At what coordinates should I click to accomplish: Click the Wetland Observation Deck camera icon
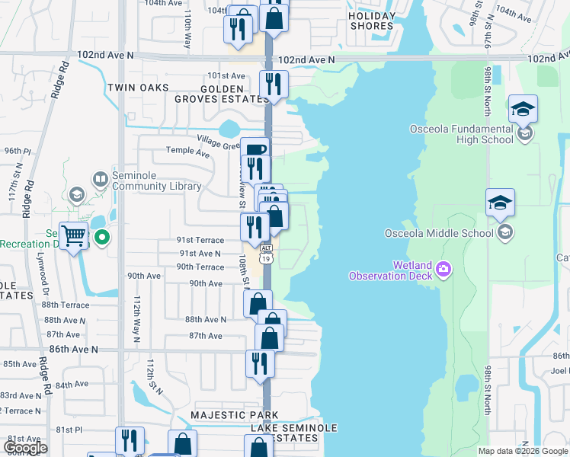[x=445, y=269]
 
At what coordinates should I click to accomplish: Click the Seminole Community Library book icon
[x=100, y=180]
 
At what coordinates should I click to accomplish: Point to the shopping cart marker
[x=73, y=237]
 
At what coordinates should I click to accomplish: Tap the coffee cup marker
[x=255, y=151]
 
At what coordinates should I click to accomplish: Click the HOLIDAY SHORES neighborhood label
[x=373, y=21]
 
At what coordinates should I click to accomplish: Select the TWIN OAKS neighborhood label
[x=138, y=88]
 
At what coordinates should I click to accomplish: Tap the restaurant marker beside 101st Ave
[x=272, y=85]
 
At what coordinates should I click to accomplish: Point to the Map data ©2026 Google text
[x=522, y=451]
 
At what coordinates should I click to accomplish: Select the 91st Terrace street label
[x=201, y=240]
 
